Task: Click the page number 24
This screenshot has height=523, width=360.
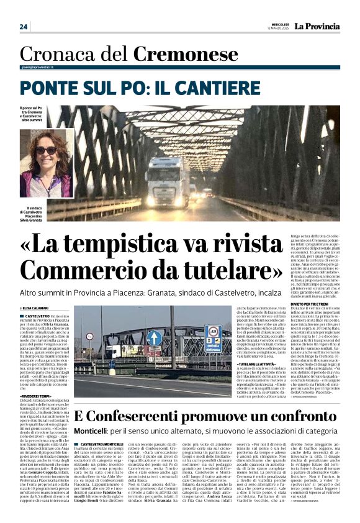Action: pyautogui.click(x=24, y=27)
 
